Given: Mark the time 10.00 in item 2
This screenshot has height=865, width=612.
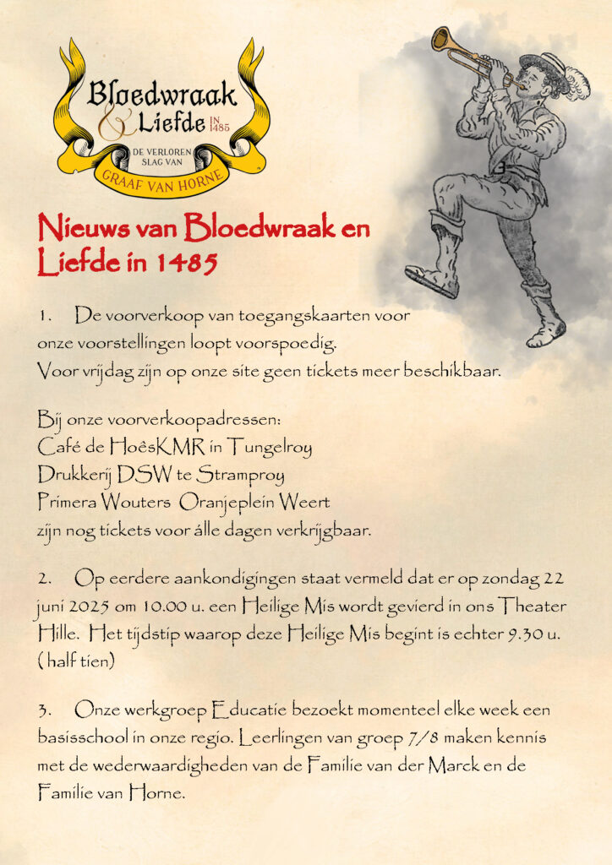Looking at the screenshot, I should point(156,607).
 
